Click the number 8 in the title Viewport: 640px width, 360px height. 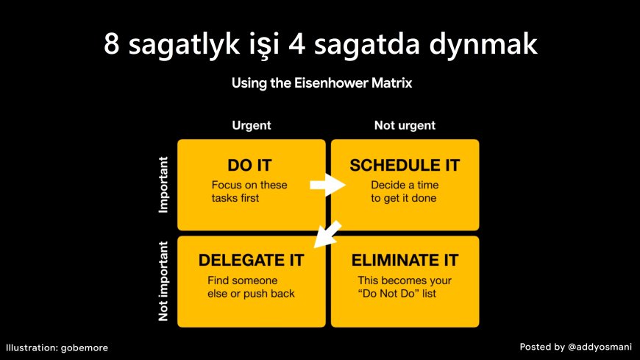click(113, 45)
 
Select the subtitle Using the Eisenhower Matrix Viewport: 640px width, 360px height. click(321, 83)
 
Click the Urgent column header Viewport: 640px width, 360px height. click(252, 125)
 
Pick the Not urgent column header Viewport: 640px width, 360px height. click(405, 125)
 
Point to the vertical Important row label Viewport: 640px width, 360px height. click(164, 185)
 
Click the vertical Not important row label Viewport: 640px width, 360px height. click(164, 281)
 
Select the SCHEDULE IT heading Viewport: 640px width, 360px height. click(405, 165)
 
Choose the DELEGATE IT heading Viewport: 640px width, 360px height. click(252, 261)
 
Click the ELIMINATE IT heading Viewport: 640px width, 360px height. click(405, 261)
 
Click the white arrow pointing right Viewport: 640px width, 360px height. click(327, 185)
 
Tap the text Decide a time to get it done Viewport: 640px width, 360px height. click(403, 192)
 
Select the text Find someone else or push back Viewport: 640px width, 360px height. click(251, 287)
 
